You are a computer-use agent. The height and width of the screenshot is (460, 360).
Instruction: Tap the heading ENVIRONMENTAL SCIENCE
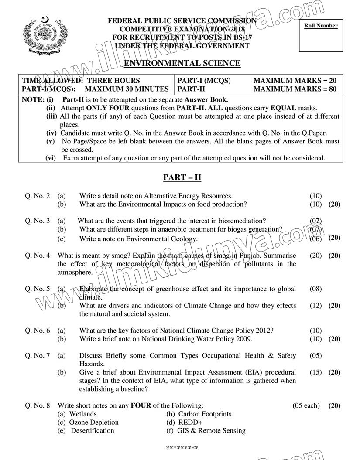182,63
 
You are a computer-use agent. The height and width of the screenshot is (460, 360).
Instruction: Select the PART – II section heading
182,177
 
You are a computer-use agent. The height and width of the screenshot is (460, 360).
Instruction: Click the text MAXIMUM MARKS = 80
295,89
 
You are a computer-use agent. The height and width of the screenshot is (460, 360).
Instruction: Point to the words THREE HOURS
113,81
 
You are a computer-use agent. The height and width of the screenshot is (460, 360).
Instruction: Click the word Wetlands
83,414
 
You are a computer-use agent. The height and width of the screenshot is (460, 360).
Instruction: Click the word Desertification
93,430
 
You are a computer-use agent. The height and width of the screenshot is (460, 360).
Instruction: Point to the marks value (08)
315,289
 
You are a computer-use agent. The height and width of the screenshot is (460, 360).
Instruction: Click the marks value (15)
315,372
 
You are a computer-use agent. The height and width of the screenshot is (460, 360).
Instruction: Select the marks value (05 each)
306,405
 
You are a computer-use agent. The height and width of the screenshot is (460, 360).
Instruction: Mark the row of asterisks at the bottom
182,448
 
